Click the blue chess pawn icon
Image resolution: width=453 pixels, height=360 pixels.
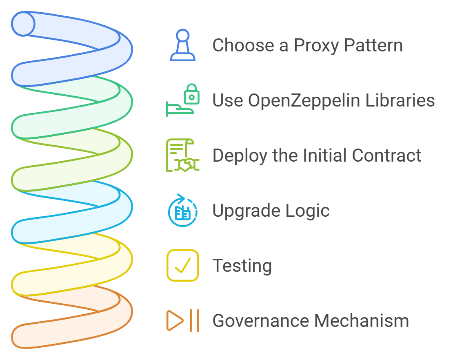[x=182, y=45]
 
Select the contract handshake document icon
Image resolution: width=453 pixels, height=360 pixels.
[x=182, y=155]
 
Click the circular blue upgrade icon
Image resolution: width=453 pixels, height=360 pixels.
[x=182, y=211]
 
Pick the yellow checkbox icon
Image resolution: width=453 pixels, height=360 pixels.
[x=182, y=265]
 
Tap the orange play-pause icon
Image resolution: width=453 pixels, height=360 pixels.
[x=182, y=320]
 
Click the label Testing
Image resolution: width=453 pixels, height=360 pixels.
[x=242, y=266]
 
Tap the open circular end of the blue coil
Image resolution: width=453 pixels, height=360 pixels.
[x=23, y=24]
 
